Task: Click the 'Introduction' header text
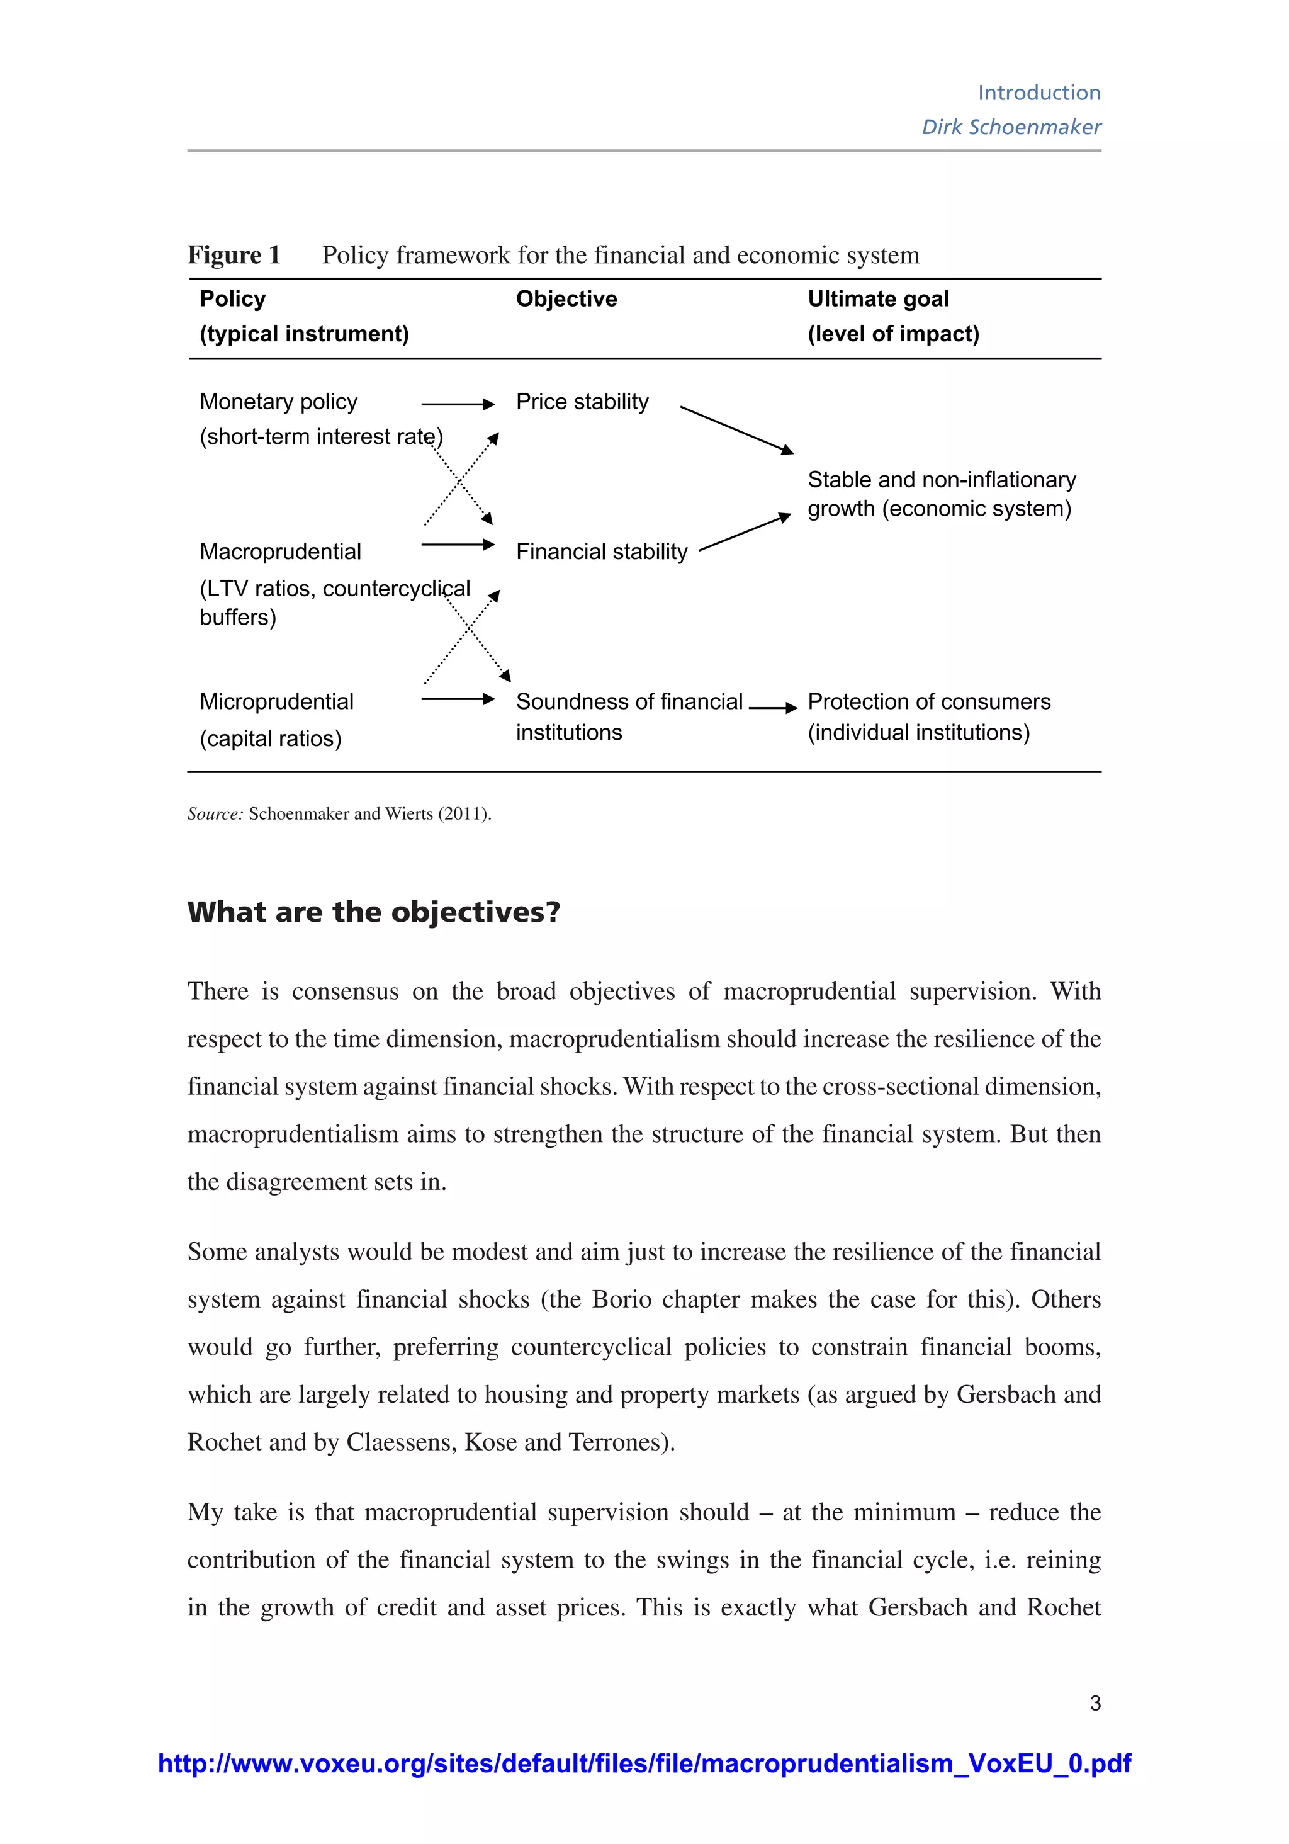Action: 1039,93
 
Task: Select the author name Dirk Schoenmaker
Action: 1010,127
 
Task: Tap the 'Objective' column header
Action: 566,299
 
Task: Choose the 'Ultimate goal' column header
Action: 878,299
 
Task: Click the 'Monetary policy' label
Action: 278,402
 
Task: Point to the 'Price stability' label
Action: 582,402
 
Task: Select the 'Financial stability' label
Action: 602,552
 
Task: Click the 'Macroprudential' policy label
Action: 280,552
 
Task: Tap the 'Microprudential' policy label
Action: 276,701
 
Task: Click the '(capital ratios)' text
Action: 271,738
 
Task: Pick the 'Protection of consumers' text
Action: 928,701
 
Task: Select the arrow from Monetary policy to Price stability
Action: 458,404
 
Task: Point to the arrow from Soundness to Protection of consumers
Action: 772,708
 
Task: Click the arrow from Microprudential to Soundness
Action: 458,699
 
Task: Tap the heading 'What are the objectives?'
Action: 373,912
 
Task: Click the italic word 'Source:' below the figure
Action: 215,813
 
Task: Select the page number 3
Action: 1095,1702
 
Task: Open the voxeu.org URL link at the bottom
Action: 644,1763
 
